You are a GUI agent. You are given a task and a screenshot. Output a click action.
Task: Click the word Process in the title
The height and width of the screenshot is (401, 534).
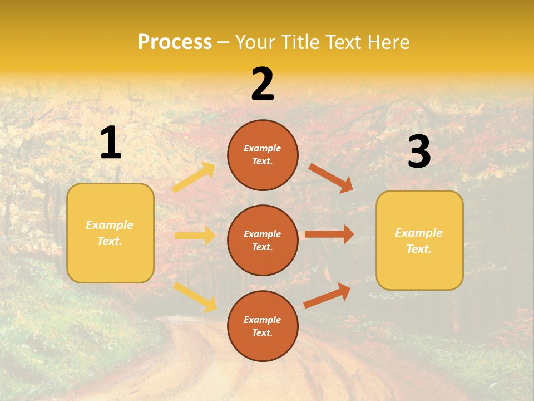point(175,42)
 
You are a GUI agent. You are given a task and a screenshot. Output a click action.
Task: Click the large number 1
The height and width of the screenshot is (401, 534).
point(111,144)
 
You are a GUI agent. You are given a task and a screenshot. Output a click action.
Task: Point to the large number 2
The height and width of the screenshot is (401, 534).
point(263,84)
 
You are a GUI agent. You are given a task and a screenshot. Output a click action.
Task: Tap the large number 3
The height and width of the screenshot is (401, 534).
point(419,152)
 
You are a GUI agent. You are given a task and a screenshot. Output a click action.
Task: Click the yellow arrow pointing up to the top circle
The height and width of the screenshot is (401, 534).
point(194,178)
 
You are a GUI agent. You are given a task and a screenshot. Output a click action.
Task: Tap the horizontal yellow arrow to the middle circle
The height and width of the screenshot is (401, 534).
point(195,236)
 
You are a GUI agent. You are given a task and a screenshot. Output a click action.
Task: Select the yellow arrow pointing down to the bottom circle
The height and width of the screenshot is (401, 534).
point(195,296)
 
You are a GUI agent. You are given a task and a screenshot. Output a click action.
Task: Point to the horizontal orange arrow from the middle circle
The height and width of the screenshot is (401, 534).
point(329,234)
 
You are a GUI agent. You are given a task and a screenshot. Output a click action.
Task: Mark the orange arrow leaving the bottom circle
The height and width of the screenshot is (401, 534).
point(327,296)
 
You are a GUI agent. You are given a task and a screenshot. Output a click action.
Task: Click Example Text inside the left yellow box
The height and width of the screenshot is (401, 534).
point(110,233)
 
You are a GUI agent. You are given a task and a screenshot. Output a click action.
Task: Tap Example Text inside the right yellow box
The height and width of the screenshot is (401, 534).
point(419,241)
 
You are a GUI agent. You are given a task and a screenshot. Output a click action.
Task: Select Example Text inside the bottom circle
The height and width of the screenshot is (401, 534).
point(263,326)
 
